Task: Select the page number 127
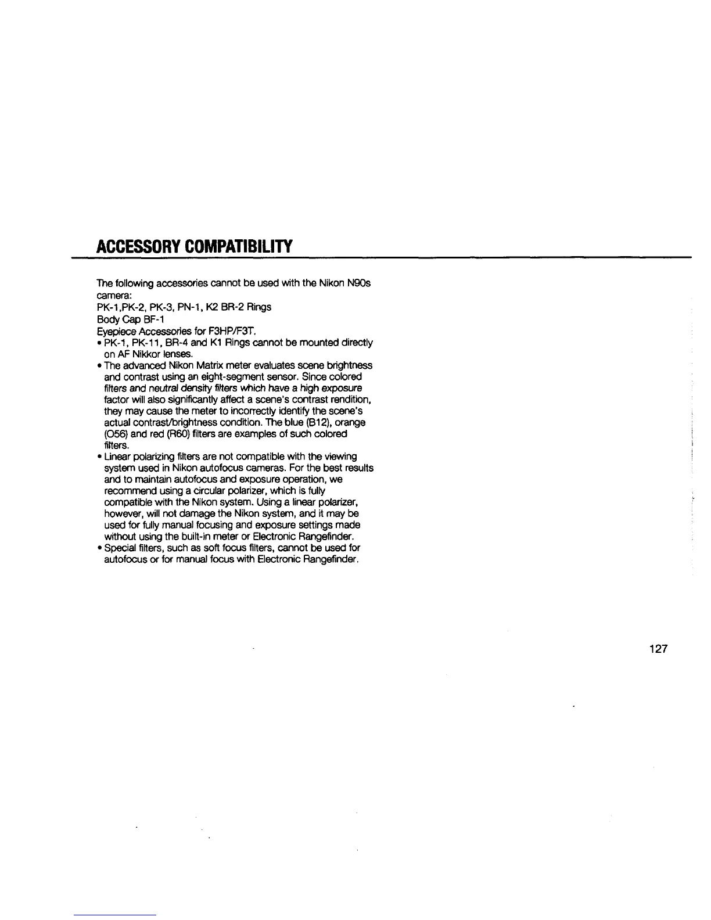pyautogui.click(x=658, y=649)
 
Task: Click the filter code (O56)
pyautogui.click(x=110, y=434)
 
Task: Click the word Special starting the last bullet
pyautogui.click(x=119, y=548)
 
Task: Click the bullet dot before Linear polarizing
pyautogui.click(x=99, y=457)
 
